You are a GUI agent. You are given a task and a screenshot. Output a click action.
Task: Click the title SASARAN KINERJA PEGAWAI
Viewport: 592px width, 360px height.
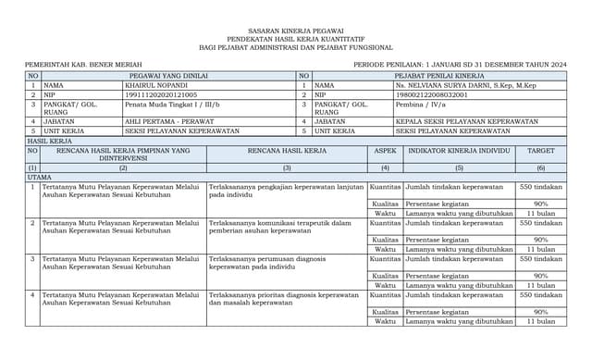point(296,31)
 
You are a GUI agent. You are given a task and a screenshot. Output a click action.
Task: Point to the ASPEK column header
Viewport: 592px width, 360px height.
point(385,149)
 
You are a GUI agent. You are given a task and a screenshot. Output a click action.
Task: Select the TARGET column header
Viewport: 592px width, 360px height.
point(541,149)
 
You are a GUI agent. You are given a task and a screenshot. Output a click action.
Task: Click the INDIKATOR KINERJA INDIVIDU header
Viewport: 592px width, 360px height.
point(458,149)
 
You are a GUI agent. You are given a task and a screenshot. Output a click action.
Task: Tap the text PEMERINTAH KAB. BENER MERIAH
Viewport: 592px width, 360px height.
point(76,64)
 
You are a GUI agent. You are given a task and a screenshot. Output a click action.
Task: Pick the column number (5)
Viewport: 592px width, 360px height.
point(458,168)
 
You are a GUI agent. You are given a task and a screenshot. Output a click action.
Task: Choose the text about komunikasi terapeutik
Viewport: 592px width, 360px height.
point(280,227)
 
